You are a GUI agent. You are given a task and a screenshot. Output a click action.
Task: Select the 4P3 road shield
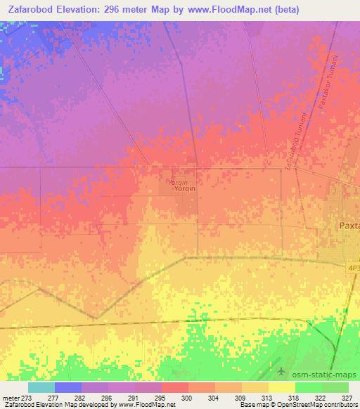[x=353, y=268]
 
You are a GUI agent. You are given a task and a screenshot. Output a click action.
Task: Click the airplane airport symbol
[x=283, y=370]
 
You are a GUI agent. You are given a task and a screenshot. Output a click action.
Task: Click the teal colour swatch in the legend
[x=41, y=387]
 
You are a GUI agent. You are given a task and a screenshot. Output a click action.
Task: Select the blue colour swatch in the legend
[x=68, y=387]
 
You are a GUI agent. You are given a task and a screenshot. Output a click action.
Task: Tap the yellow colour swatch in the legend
[x=282, y=387]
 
